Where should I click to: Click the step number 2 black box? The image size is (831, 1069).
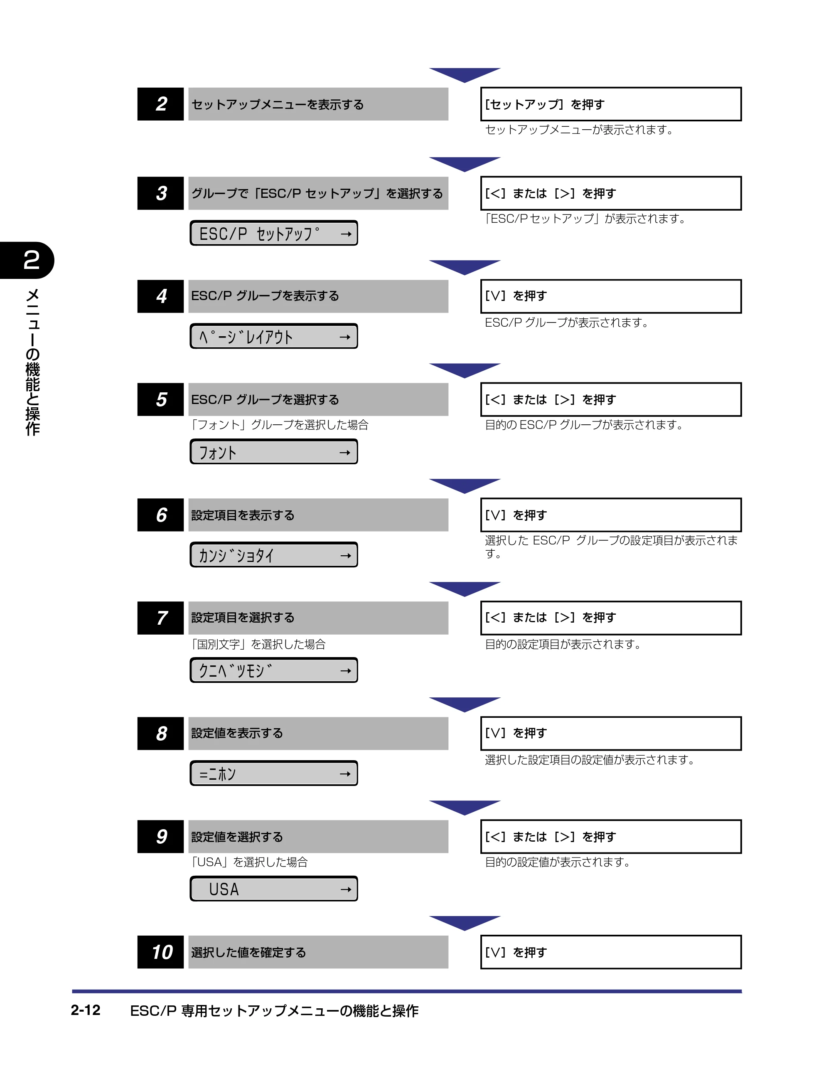pos(160,104)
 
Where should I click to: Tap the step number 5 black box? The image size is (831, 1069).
pos(160,399)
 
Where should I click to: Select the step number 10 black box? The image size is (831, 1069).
pos(160,952)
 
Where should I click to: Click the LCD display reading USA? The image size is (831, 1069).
pos(273,889)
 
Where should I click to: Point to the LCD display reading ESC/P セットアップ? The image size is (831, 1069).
pos(273,233)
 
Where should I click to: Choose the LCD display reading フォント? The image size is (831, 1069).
pos(273,452)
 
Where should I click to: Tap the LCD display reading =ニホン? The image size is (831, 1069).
pos(273,773)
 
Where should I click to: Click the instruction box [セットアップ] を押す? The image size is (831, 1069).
pos(611,104)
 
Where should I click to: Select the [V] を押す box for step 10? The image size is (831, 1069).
pos(611,952)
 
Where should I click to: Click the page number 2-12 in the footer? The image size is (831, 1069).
pos(86,1010)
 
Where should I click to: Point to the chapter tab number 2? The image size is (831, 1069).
pos(31,260)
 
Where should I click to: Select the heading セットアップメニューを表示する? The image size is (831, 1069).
pos(278,104)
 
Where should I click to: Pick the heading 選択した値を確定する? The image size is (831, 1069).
pos(248,953)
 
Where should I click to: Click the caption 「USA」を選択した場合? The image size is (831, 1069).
pos(249,862)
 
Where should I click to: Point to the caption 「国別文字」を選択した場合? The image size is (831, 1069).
pos(258,644)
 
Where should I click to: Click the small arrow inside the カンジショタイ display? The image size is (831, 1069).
pos(346,556)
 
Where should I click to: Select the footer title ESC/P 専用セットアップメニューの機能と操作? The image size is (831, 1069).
pos(274,1011)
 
